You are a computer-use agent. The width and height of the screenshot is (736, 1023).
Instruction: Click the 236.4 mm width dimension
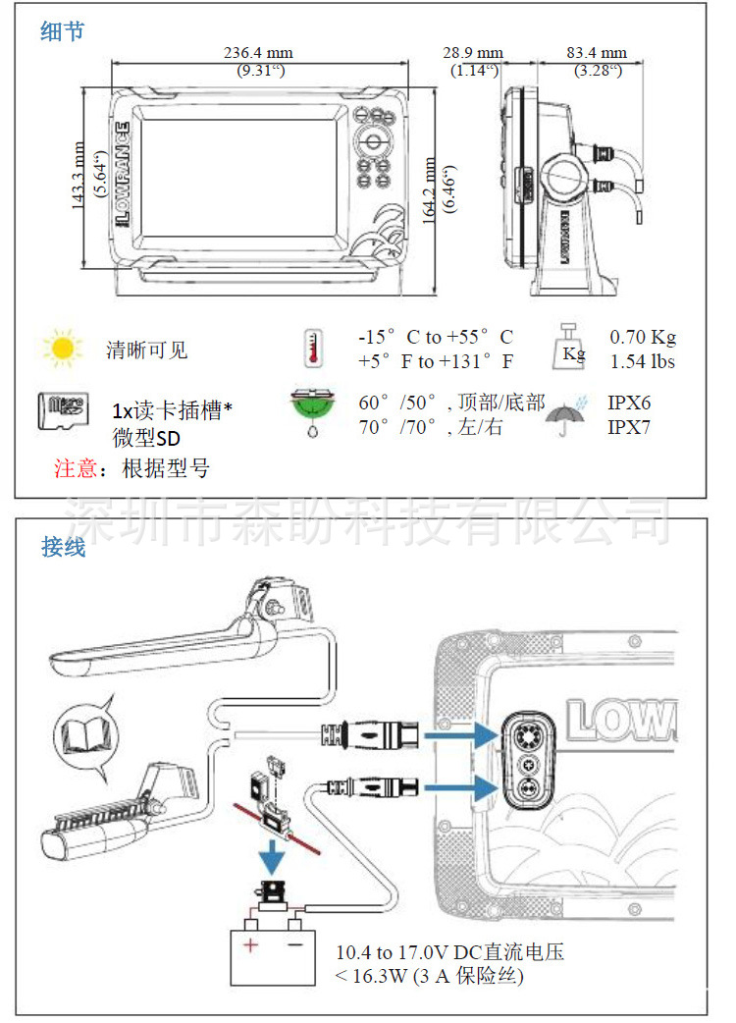(x=259, y=52)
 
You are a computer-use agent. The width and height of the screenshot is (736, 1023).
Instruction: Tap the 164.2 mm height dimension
(x=430, y=190)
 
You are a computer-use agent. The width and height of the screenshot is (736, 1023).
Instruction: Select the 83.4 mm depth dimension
(x=597, y=52)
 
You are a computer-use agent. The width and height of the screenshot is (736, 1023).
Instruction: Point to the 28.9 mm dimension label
(x=473, y=52)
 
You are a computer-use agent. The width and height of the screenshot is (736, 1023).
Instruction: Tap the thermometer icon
(x=314, y=349)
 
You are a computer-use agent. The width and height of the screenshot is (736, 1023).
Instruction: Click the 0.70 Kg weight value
(x=643, y=338)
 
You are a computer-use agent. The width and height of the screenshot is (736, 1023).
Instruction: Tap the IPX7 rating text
(x=629, y=427)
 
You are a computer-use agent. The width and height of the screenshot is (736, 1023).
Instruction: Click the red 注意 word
(x=75, y=468)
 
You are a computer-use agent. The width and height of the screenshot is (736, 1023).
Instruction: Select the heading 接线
(x=63, y=547)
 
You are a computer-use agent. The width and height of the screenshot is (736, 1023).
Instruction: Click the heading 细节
(x=63, y=32)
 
